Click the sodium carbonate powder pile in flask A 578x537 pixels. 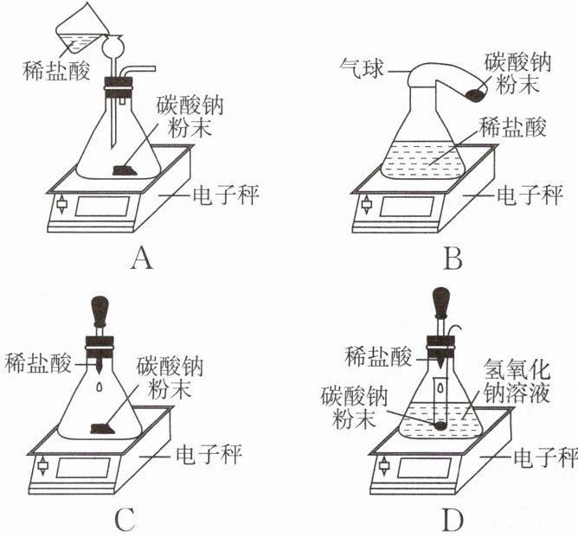pos(127,169)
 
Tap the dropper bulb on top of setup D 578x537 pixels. pos(441,303)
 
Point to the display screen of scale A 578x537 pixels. pos(102,207)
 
